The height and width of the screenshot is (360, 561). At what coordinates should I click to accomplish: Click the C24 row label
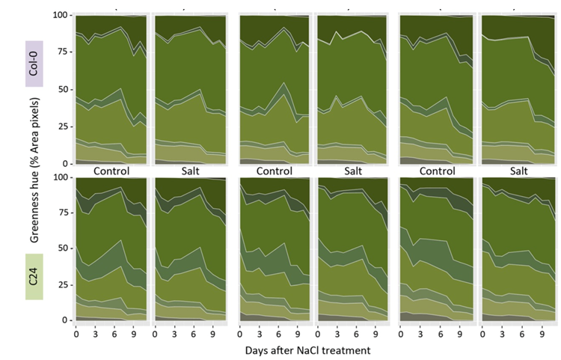tap(31, 275)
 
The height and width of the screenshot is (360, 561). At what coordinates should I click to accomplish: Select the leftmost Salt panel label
tap(190, 170)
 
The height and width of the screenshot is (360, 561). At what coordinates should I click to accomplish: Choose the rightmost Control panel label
tap(438, 170)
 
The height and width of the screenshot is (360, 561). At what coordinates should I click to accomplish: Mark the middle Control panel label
tap(275, 170)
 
